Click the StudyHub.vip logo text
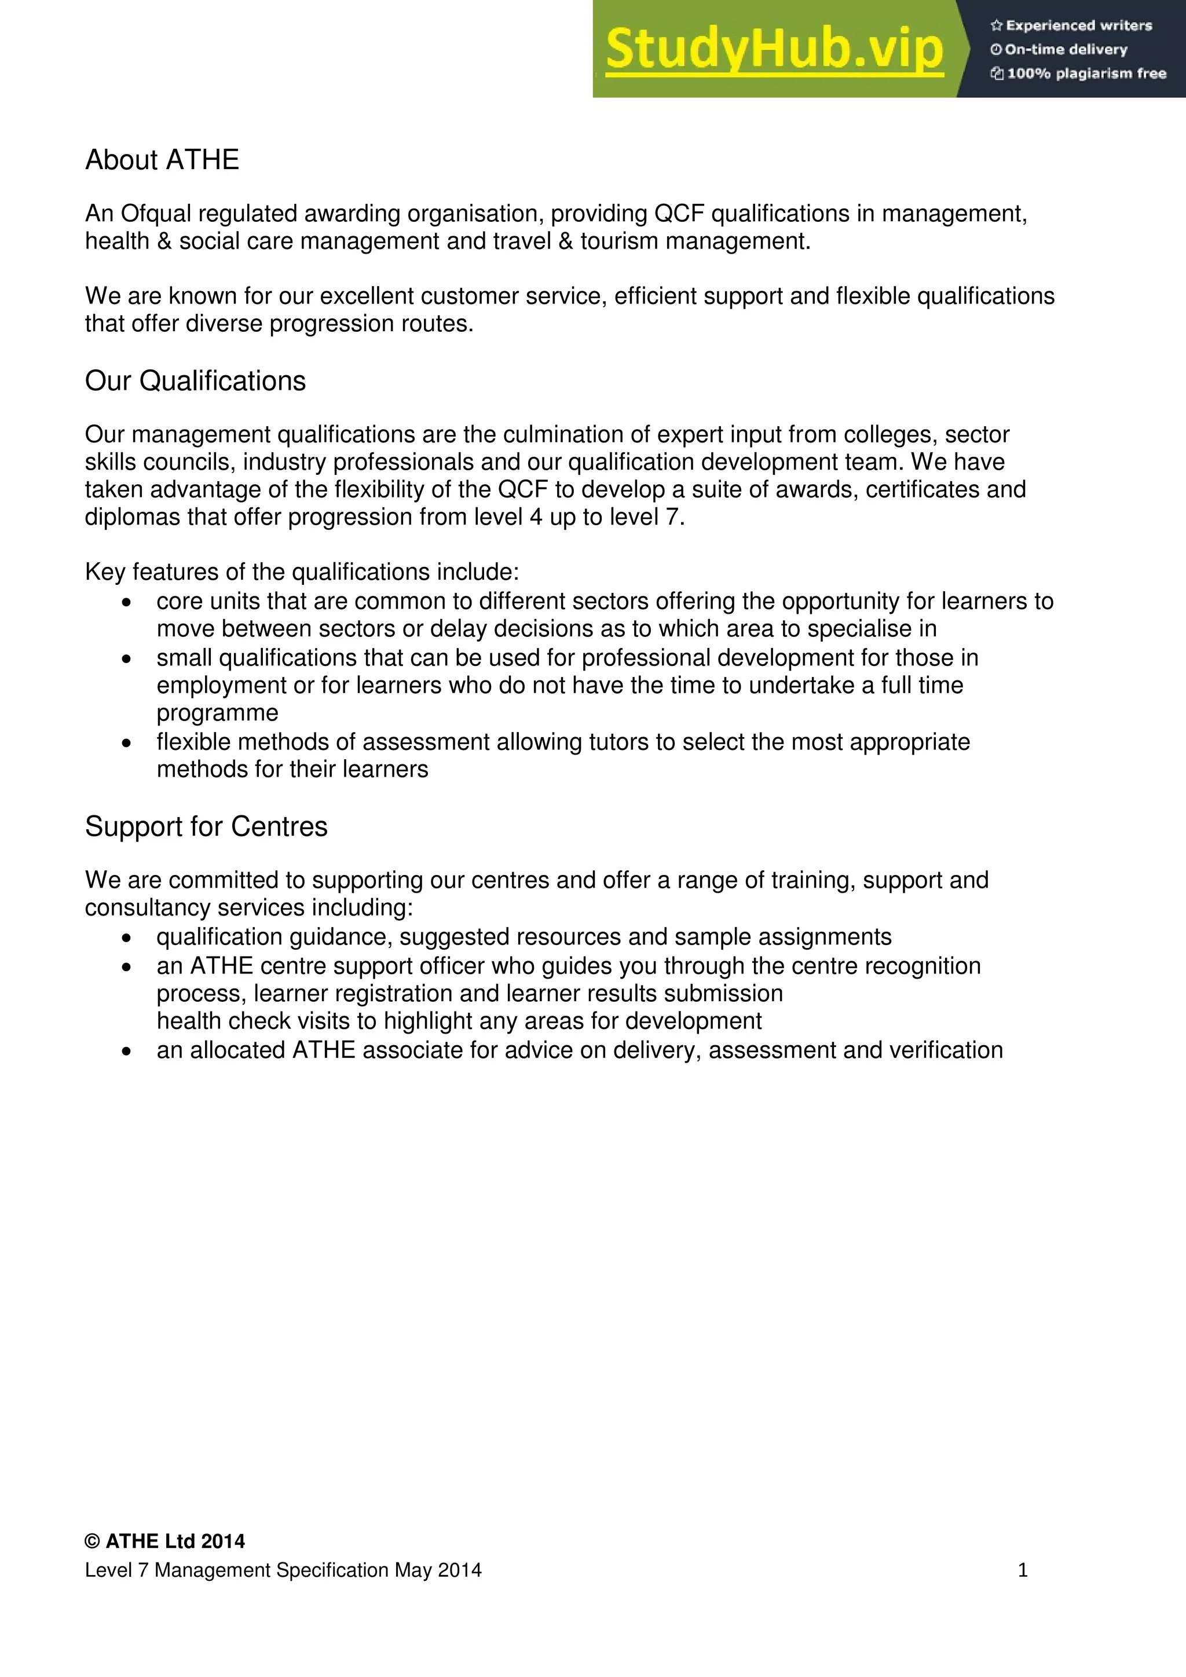click(774, 50)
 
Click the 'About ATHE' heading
click(162, 160)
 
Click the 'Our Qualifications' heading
click(195, 381)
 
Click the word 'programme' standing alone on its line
click(218, 713)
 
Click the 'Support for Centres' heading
click(206, 827)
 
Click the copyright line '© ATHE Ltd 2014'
click(165, 1541)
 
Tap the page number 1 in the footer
click(1023, 1570)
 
